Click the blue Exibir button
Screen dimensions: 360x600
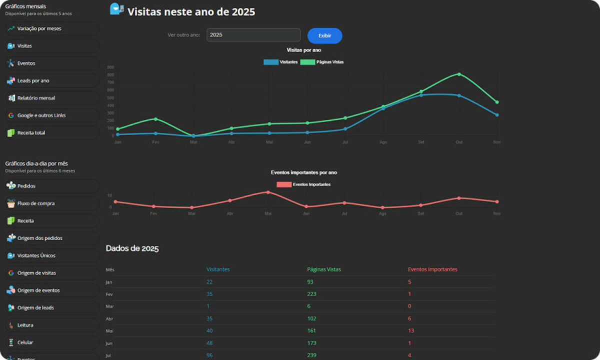point(324,36)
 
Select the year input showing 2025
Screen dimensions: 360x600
point(253,35)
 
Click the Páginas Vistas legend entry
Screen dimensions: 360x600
point(322,62)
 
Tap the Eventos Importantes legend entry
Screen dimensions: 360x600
point(303,184)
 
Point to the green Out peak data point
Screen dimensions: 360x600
point(459,74)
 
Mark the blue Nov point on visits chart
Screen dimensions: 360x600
point(496,115)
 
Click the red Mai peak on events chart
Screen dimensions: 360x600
point(268,192)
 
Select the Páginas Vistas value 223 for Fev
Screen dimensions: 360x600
point(311,294)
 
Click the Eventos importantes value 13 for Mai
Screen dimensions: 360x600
point(410,330)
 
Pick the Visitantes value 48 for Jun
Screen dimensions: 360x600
point(209,343)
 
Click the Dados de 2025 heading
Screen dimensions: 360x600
point(132,248)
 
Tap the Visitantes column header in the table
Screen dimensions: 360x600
point(218,269)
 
